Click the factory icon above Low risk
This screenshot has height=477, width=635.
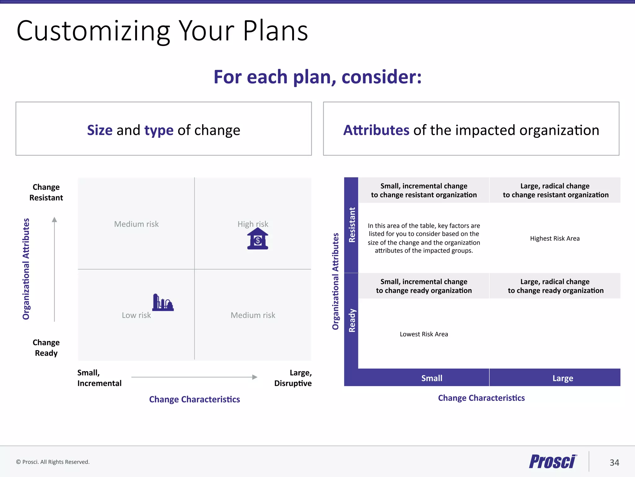[163, 302]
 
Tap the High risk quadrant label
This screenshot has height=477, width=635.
[253, 224]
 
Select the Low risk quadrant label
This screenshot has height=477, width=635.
[136, 315]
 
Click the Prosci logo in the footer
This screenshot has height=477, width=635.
[553, 461]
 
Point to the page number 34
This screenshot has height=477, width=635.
[614, 463]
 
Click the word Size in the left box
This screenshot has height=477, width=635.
[100, 130]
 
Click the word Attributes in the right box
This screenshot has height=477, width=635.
[376, 130]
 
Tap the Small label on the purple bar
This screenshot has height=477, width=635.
[432, 378]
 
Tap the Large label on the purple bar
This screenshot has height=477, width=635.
[562, 378]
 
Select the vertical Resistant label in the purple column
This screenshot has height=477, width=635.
[352, 225]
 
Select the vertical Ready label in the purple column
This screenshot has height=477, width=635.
[352, 320]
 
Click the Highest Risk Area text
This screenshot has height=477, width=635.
[555, 238]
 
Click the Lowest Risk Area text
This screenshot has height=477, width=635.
[424, 334]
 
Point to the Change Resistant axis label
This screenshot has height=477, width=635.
[46, 192]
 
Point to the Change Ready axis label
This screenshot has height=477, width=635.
[46, 348]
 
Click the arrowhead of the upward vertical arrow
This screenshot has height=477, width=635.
[55, 220]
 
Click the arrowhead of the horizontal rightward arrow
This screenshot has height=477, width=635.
[255, 377]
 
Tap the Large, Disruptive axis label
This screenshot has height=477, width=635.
[293, 378]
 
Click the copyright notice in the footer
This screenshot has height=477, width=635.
[53, 462]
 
